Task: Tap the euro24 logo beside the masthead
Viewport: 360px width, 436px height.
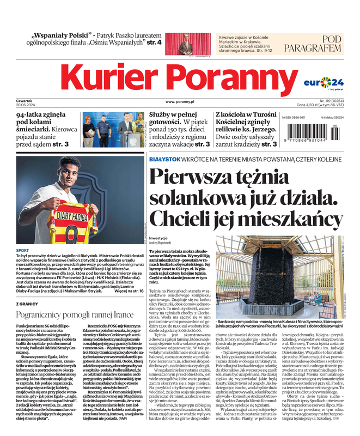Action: click(x=325, y=82)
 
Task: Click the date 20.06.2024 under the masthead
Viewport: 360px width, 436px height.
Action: click(x=26, y=106)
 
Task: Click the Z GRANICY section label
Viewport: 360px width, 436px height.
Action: click(x=27, y=303)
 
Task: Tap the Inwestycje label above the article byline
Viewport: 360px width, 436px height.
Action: click(x=158, y=238)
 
